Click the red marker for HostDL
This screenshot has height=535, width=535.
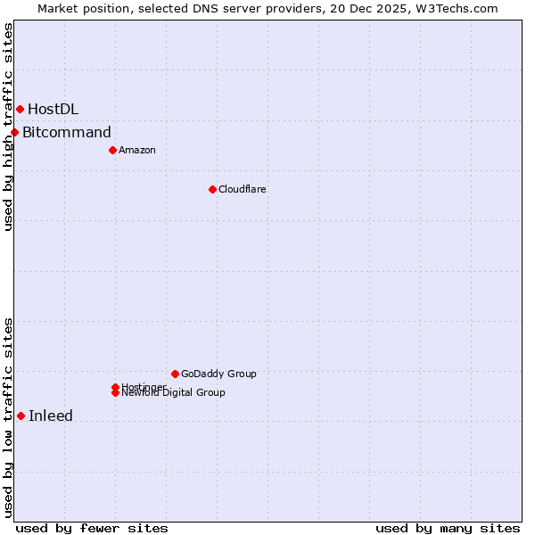(x=20, y=109)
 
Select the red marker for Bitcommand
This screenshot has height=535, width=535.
(x=14, y=133)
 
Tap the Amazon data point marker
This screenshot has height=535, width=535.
(x=112, y=150)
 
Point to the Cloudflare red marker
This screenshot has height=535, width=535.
(x=212, y=189)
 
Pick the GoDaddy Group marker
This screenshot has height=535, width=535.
(x=175, y=374)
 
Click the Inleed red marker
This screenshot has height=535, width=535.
(x=21, y=416)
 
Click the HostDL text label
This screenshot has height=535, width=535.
(x=53, y=109)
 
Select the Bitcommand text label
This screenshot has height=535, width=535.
(x=67, y=133)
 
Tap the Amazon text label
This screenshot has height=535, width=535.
(x=137, y=150)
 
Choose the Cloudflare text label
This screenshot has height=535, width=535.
(x=243, y=189)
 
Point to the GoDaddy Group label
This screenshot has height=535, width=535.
(x=218, y=374)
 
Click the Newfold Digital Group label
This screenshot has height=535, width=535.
(x=174, y=393)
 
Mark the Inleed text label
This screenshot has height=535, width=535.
(x=51, y=416)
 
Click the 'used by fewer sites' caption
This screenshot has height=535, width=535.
(x=92, y=528)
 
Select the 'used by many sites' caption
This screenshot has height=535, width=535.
(x=448, y=528)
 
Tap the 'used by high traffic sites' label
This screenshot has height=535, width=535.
(x=8, y=127)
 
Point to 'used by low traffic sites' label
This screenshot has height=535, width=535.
(x=8, y=417)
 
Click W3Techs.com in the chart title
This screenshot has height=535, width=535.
(x=458, y=8)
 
